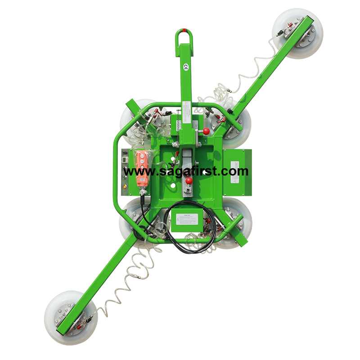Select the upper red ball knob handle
207,132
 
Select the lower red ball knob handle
189,181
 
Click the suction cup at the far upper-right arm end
297,33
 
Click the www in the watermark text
135,171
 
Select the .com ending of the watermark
237,171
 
